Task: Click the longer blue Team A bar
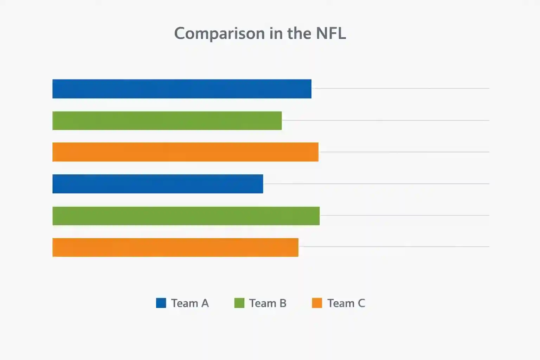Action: click(182, 89)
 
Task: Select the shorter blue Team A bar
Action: click(157, 184)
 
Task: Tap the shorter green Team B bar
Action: click(167, 121)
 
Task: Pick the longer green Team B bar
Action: click(186, 216)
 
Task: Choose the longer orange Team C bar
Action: click(185, 152)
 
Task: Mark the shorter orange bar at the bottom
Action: click(175, 247)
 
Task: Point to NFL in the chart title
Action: click(331, 33)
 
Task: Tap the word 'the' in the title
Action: click(299, 33)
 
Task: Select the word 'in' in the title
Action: click(276, 33)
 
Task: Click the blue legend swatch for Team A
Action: click(161, 303)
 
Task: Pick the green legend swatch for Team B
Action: click(239, 303)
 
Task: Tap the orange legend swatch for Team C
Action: click(317, 303)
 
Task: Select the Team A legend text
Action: click(190, 303)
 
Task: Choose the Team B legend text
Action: click(268, 303)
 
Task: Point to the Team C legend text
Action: click(346, 303)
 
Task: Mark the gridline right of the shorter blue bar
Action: click(376, 184)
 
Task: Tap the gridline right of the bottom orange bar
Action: click(394, 246)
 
